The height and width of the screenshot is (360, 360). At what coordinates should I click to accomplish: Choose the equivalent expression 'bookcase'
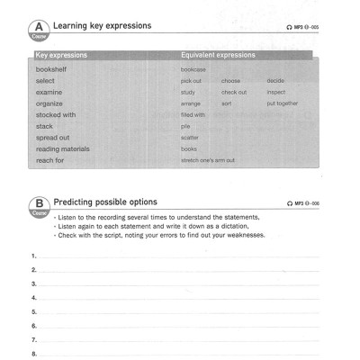[x=193, y=69]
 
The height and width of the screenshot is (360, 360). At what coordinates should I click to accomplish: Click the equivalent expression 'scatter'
[x=189, y=138]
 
